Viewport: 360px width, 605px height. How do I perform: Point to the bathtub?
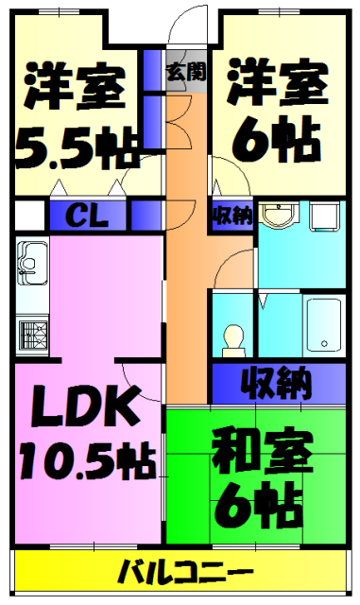pos(324,324)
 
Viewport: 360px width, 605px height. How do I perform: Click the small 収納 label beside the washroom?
pos(231,216)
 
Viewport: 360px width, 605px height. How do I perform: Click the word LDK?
pos(83,407)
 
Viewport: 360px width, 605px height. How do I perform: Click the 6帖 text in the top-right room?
pos(278,141)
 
